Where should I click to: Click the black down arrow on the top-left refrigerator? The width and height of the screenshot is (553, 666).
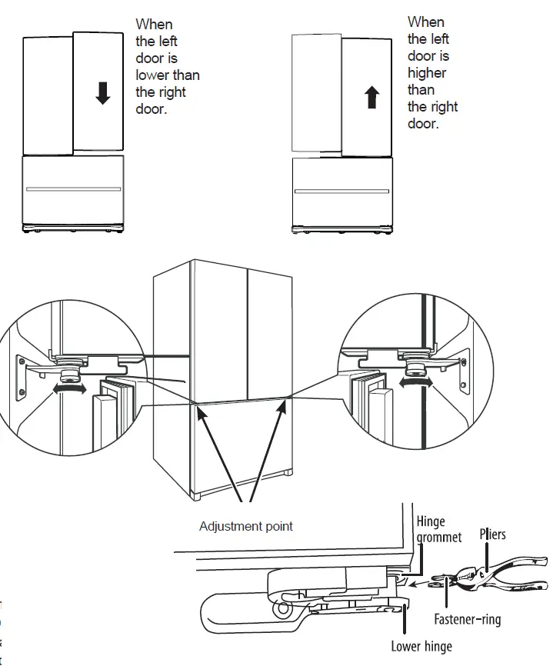click(x=102, y=92)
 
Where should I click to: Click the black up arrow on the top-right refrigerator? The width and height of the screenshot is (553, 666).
click(x=372, y=97)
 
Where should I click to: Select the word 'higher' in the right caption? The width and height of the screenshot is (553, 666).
click(x=427, y=73)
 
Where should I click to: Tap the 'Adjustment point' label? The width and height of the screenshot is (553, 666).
click(x=246, y=527)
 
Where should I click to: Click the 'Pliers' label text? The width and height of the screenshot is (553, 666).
click(x=493, y=534)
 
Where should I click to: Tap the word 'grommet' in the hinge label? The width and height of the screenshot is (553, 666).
click(x=439, y=537)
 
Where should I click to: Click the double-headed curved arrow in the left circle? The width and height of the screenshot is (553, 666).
click(x=68, y=390)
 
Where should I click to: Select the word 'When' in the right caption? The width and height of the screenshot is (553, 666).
click(x=426, y=22)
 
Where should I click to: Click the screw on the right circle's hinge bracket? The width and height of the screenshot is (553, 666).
click(x=464, y=360)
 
